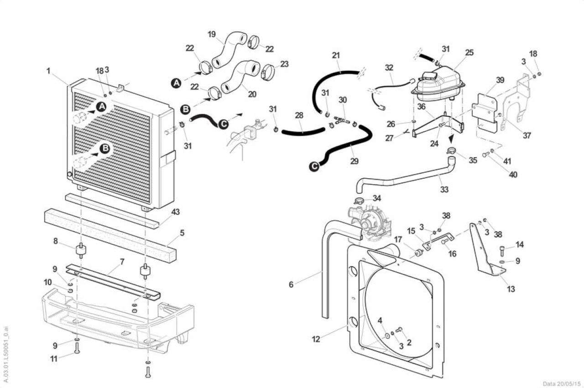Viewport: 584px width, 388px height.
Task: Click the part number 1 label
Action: point(48,71)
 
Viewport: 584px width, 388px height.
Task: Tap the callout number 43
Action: point(176,212)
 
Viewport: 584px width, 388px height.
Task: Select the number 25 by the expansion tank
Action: point(469,52)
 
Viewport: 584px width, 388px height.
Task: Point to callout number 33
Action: point(444,189)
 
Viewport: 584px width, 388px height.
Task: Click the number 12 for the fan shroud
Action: point(316,339)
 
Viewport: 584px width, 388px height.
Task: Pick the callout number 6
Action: point(291,285)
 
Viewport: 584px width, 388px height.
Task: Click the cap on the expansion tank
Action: point(506,76)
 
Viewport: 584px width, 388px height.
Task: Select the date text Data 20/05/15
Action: point(562,384)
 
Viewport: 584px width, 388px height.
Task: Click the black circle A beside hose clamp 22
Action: point(177,83)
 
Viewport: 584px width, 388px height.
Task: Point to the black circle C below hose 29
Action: point(314,166)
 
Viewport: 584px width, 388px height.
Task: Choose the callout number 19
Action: point(212,34)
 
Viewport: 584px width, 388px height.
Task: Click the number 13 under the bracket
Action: point(511,289)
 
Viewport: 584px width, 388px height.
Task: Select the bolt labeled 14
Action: point(502,251)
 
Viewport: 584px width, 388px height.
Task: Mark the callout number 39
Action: point(500,80)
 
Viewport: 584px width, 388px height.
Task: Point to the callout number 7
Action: point(122,262)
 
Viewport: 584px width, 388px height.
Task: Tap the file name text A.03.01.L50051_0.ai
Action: point(6,354)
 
